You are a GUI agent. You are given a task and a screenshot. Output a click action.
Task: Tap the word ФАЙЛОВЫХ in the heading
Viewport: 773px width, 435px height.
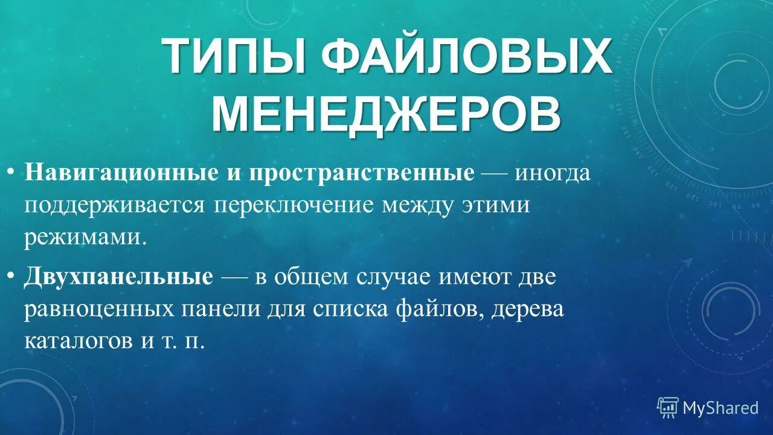(466, 58)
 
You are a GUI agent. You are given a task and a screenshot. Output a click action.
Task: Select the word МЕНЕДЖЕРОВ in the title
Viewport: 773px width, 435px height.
(386, 112)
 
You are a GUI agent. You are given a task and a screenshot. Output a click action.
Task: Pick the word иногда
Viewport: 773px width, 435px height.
(552, 173)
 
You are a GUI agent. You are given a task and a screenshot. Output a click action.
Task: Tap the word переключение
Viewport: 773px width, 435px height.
(295, 205)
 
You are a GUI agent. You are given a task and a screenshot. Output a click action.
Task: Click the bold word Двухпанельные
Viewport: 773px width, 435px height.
(119, 277)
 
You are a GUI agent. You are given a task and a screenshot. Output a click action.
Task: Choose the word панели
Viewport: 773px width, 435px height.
(214, 309)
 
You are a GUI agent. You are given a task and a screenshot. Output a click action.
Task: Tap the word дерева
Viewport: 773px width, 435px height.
(528, 309)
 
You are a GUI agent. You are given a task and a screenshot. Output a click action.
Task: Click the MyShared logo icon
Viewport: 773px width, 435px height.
(667, 408)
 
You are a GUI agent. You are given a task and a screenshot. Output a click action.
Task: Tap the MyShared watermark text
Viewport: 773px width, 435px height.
(720, 408)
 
